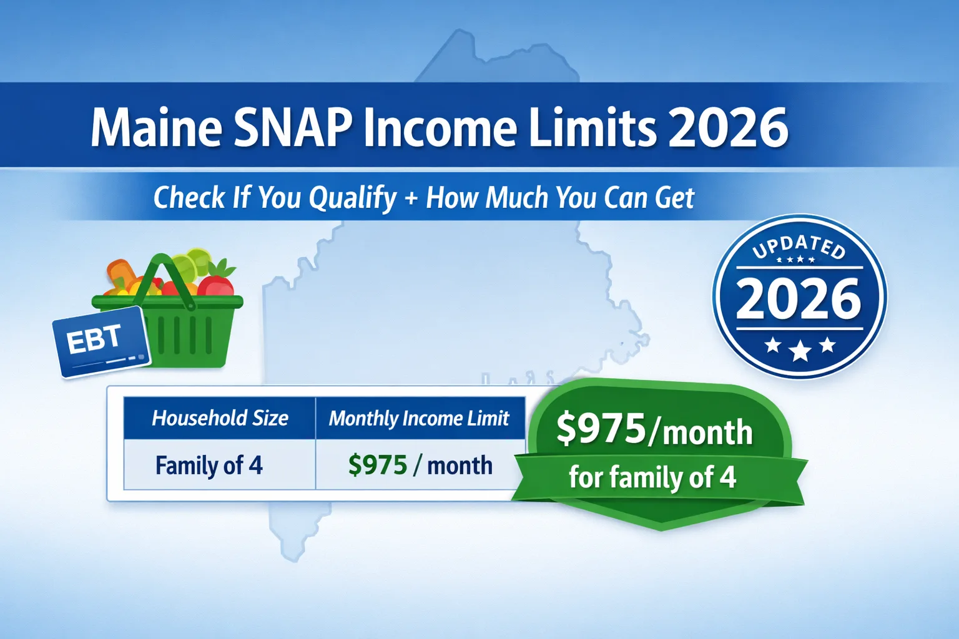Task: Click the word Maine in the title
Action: tap(156, 127)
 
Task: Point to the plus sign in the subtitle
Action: tap(411, 198)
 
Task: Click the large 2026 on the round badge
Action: tap(799, 298)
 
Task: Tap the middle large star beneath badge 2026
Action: tap(800, 351)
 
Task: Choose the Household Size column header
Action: tap(220, 418)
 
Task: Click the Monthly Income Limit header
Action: tap(419, 418)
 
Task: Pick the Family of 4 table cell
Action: tap(209, 466)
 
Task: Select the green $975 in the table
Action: tap(377, 466)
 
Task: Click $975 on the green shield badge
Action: tap(601, 429)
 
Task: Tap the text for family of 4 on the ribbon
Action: tap(652, 478)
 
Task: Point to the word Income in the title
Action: tap(440, 127)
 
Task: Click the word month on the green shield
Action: tap(707, 432)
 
